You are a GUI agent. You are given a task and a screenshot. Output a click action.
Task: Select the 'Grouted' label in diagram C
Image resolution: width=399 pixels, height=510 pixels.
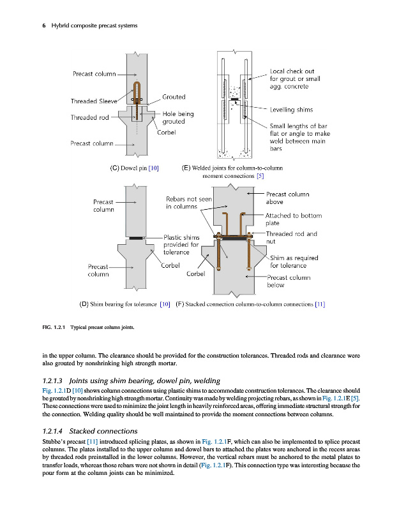click(173, 97)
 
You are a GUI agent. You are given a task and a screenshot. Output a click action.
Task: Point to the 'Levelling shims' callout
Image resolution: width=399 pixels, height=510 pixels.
click(291, 110)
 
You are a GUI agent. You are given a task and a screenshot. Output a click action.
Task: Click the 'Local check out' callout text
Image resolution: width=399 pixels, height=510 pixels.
click(292, 71)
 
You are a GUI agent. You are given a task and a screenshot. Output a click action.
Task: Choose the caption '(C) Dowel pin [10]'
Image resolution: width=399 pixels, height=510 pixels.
click(135, 168)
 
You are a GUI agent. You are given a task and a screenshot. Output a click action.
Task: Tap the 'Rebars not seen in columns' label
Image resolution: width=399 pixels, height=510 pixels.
click(189, 203)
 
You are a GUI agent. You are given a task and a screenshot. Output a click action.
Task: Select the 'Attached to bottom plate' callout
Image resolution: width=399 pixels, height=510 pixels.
click(293, 219)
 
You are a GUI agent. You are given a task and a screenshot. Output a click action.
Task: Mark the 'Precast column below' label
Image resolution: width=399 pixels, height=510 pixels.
click(289, 281)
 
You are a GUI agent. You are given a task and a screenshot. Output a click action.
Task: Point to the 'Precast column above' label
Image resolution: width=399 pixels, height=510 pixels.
click(287, 198)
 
